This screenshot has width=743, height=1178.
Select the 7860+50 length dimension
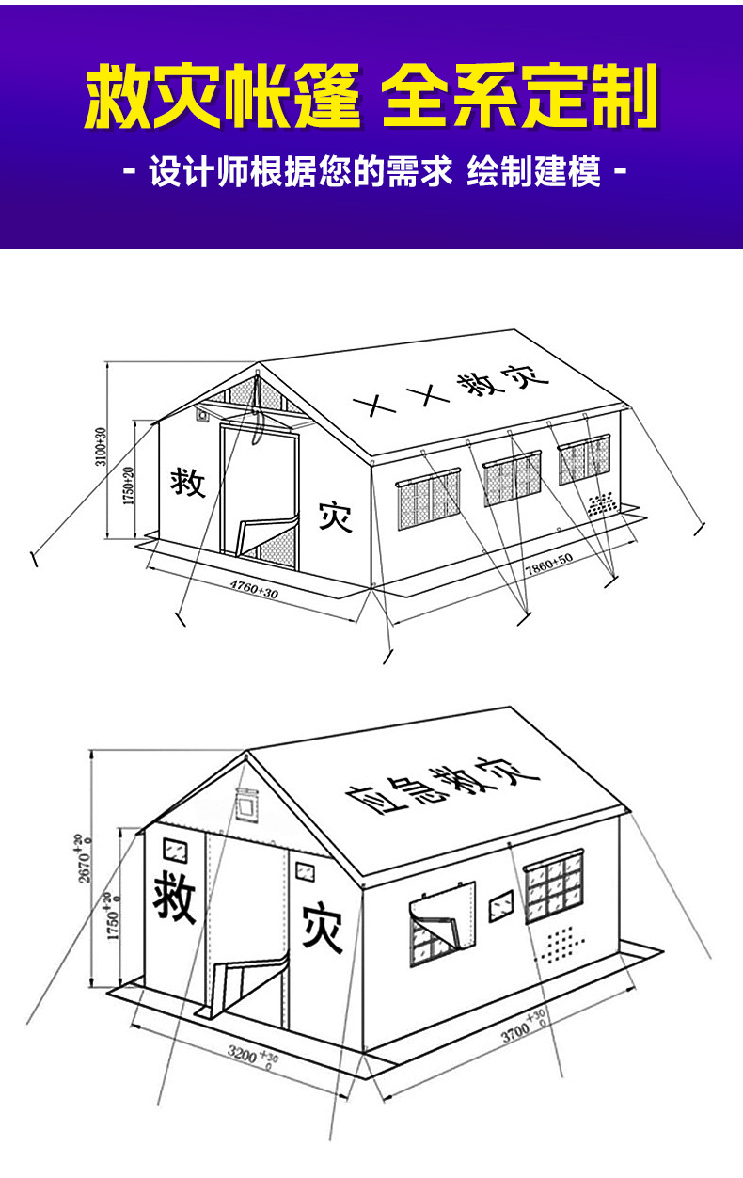(548, 563)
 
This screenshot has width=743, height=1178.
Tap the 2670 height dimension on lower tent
(87, 856)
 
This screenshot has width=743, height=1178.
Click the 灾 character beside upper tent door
(335, 515)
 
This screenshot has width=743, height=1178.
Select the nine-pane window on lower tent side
(555, 887)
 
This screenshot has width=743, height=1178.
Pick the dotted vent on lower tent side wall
(562, 944)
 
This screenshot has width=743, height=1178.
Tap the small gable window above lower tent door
(245, 805)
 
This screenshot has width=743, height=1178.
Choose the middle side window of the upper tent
(513, 480)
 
